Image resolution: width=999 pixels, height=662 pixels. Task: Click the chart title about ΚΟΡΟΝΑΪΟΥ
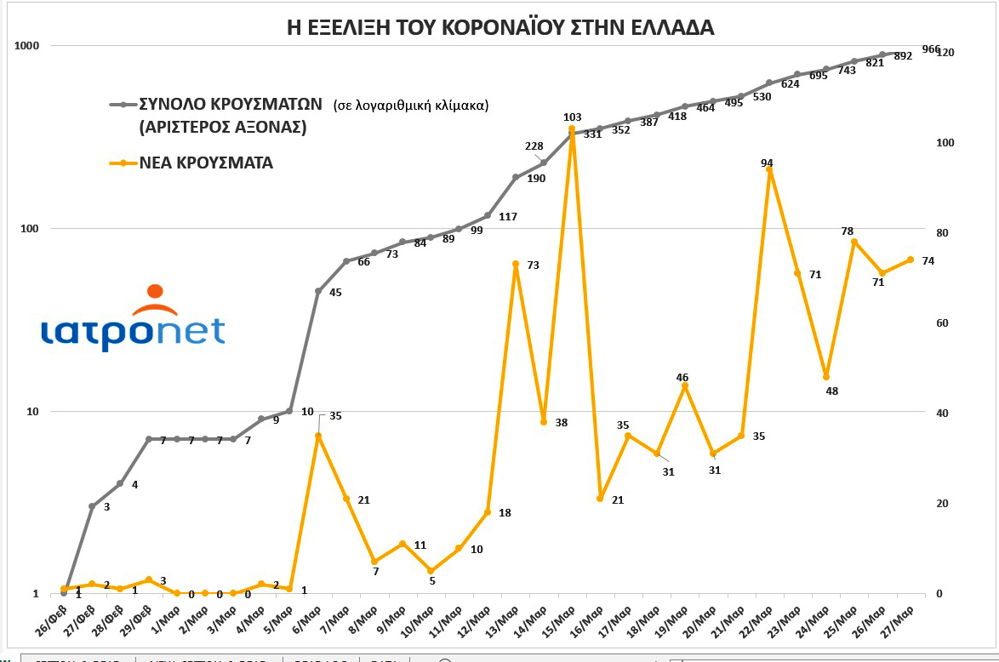coord(500,27)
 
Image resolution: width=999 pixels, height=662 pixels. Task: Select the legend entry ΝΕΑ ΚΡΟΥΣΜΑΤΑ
coord(207,163)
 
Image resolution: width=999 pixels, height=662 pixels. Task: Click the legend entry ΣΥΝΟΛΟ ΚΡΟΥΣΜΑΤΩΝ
coord(231,105)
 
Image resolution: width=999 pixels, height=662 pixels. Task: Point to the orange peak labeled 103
coord(572,129)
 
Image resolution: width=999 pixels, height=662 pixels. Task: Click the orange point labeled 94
coord(769,169)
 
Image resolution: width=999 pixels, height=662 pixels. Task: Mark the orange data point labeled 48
coord(825,377)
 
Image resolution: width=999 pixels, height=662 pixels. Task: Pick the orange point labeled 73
coord(516,265)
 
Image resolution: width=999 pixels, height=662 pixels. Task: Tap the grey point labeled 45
coord(318,291)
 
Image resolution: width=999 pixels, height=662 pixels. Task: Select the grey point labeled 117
coord(488,215)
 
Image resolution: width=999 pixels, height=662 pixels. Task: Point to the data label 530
coord(762,97)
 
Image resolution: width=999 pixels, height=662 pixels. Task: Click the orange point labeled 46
coord(685,386)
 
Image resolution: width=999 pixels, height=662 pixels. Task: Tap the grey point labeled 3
coord(92,506)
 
